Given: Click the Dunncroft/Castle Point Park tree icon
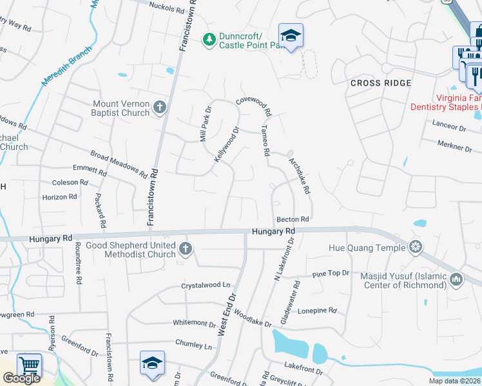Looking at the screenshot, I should [x=209, y=40].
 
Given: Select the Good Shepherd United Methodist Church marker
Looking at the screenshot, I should [x=186, y=249].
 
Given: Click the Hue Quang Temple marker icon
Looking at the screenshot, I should [x=416, y=246].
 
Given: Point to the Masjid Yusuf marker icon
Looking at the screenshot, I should [x=457, y=279].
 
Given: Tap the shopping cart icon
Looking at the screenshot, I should [x=29, y=365].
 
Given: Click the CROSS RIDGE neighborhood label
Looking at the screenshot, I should [x=381, y=83].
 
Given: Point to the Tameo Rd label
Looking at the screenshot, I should [x=264, y=141].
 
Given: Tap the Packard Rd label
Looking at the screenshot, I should [x=101, y=210].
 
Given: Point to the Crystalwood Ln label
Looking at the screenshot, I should [x=206, y=284].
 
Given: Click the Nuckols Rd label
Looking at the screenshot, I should [x=166, y=8].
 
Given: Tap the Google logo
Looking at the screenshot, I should [x=21, y=378].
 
